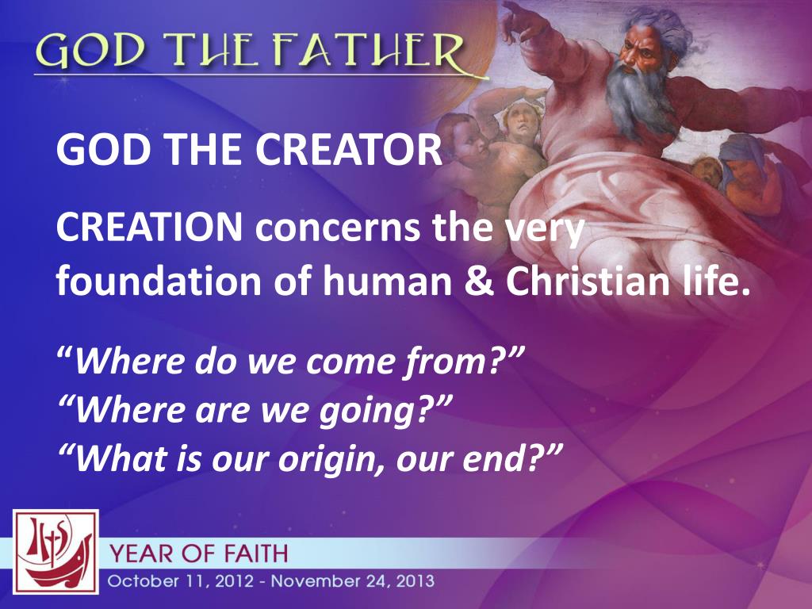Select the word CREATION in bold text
(150, 229)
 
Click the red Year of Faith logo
(55, 552)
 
